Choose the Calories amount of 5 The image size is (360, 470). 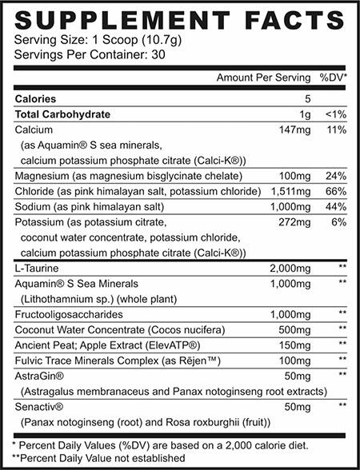tap(307, 99)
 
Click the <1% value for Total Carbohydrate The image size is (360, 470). tap(336, 114)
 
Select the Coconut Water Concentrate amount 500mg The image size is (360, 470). tap(295, 329)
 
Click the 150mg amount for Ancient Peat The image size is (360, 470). tap(295, 345)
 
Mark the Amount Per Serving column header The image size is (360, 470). tap(262, 78)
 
